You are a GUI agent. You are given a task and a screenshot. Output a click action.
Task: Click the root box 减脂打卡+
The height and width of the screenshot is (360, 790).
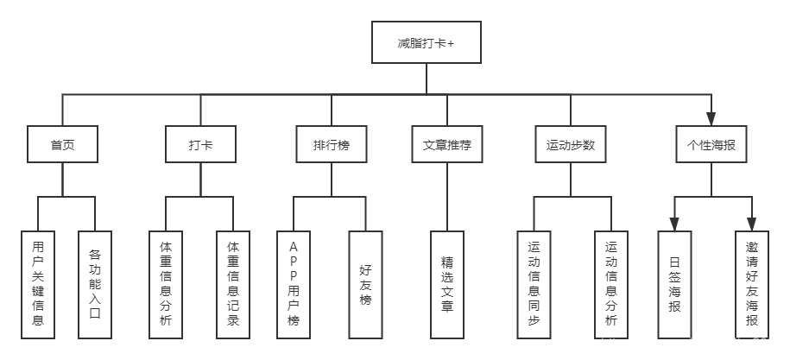427,42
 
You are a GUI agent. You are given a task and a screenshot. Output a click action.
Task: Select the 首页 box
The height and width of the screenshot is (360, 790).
62,145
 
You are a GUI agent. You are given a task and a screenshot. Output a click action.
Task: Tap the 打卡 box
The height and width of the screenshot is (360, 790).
200,145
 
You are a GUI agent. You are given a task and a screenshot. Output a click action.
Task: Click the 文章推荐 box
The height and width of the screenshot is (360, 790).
446,145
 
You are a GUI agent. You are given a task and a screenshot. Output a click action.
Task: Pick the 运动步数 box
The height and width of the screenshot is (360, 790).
571,145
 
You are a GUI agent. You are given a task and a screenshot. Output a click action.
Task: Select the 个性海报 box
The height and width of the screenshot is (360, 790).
711,145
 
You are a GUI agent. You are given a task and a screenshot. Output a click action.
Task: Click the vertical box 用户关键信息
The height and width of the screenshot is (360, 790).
38,283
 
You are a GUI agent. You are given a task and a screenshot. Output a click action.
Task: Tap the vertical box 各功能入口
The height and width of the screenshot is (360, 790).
95,283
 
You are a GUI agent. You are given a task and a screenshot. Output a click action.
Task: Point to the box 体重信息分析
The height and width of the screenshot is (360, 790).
166,283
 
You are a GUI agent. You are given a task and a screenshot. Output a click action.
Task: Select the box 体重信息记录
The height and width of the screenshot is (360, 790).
233,283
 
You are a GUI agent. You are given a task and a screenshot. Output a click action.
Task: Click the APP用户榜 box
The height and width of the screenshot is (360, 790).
294,283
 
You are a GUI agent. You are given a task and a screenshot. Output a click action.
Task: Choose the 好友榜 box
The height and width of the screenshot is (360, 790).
365,283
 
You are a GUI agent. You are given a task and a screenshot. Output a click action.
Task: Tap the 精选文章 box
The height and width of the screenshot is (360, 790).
446,283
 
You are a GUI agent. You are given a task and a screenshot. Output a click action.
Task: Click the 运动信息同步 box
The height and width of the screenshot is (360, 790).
533,283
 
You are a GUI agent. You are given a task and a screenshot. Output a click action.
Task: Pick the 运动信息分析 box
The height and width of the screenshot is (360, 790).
611,283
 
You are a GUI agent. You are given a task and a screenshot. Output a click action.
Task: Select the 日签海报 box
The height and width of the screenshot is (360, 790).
674,283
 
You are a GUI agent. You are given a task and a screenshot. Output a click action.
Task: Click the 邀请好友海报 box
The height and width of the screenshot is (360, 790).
752,283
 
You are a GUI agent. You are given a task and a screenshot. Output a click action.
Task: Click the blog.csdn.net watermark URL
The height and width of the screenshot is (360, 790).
691,344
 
